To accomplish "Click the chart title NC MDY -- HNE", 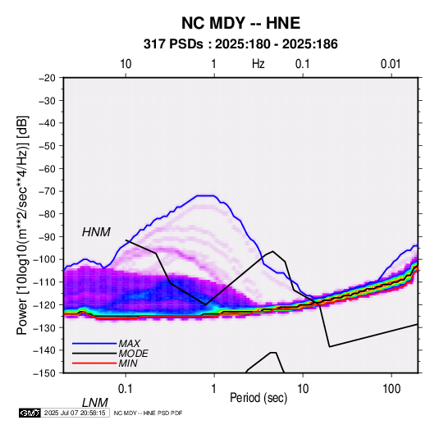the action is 240,23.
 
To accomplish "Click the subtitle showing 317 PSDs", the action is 240,44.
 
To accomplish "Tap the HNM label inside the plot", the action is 96,232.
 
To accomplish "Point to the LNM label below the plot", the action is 95,403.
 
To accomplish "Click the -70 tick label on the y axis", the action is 47,191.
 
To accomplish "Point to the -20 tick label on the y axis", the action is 47,78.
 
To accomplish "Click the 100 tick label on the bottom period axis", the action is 391,389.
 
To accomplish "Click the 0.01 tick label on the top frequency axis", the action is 391,64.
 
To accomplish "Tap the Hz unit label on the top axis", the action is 258,64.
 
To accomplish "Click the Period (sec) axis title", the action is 258,398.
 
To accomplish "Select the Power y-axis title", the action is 22,225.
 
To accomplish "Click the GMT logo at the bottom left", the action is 30,413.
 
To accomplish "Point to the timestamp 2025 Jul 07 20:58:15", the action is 75,413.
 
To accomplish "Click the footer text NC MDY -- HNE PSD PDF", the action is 148,413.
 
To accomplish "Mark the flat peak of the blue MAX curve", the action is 206,196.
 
